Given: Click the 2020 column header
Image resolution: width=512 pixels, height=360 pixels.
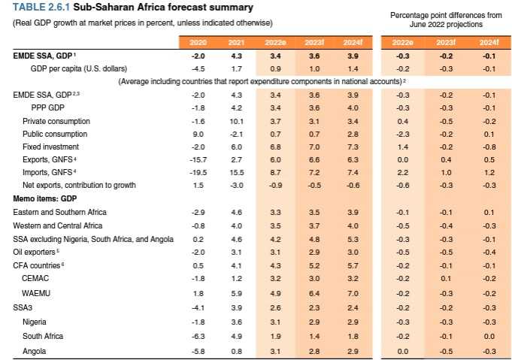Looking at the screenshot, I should pos(198,42).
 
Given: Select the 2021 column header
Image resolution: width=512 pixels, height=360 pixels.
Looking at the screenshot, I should pos(236,42).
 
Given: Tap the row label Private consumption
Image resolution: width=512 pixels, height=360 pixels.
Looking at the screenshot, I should pos(56,120).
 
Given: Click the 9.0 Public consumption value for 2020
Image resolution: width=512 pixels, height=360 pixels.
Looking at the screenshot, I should pos(198,133).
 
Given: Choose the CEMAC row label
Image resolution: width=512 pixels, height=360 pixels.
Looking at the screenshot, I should pos(36,277).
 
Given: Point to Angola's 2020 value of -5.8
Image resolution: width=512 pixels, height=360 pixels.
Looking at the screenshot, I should pos(198,351).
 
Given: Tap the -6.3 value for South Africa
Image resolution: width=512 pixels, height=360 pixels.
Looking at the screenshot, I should pos(198,337).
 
